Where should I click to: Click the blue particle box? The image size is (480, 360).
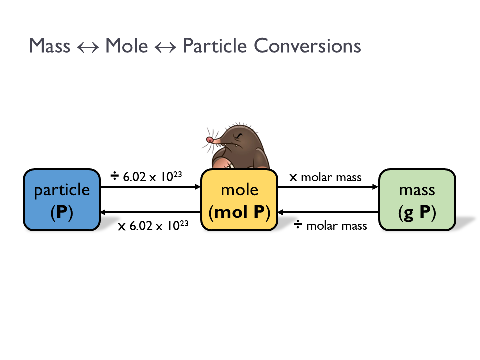[x=62, y=200]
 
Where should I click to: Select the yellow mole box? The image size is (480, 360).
[x=239, y=200]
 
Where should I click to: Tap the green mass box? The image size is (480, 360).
[x=417, y=200]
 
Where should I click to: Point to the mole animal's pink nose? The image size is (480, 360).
[x=210, y=139]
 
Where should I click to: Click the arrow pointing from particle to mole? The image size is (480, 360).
[x=150, y=187]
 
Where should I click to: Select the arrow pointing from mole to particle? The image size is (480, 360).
[x=150, y=213]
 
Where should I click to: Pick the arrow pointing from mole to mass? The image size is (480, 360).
[x=328, y=187]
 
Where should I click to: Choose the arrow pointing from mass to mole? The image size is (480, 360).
[x=328, y=213]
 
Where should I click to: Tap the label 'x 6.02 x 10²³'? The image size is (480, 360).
[x=153, y=226]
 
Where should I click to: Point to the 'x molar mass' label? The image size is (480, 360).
[x=325, y=177]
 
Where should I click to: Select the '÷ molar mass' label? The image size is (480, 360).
[x=330, y=226]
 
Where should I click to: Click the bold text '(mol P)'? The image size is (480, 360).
[x=239, y=212]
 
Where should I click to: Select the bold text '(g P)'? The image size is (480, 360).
[x=417, y=212]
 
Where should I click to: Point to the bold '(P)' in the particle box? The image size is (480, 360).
[x=62, y=212]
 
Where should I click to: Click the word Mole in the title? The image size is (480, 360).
[x=127, y=46]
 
